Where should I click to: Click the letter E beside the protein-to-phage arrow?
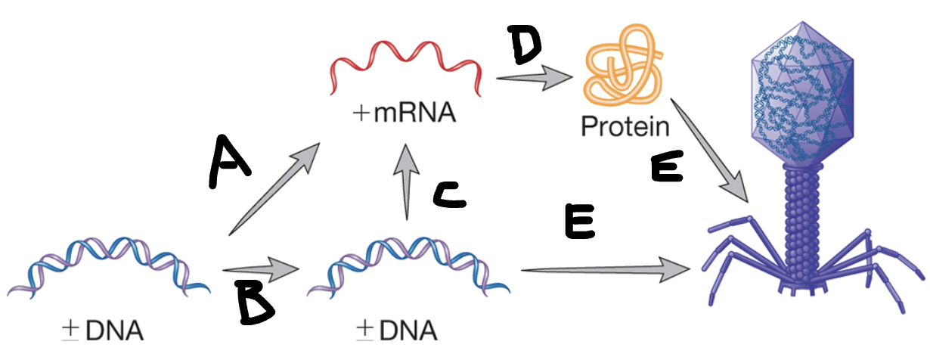pos(667,169)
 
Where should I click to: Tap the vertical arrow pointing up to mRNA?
pos(409,181)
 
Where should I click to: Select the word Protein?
pos(625,126)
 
